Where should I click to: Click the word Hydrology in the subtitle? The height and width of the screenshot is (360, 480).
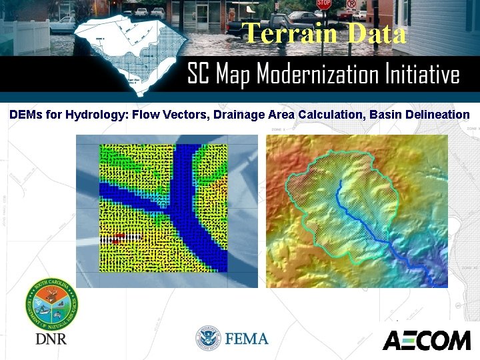click(x=101, y=115)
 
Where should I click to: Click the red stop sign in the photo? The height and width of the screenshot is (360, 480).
click(x=324, y=4)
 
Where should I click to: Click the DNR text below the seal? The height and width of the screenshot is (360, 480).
click(x=51, y=339)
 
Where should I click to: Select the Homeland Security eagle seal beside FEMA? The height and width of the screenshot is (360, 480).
click(x=208, y=339)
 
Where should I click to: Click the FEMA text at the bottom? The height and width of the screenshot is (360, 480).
click(x=246, y=339)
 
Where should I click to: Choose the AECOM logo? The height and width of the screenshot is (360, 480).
click(x=426, y=340)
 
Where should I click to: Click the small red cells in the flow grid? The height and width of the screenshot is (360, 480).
click(x=117, y=238)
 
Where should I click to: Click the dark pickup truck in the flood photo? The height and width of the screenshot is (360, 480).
click(x=267, y=25)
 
